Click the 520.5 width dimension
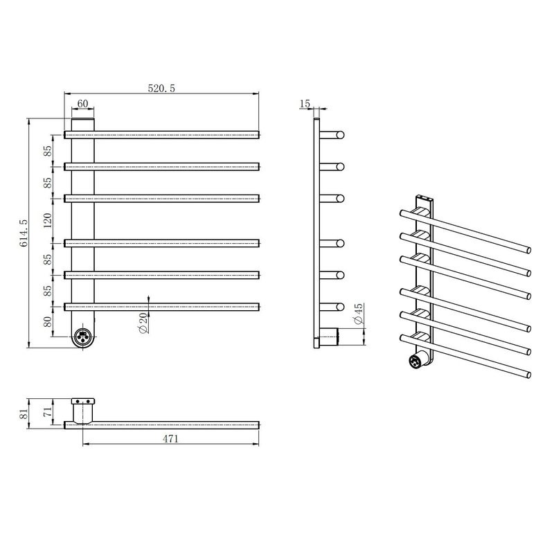161,89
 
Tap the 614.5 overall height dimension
24,233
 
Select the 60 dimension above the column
82,103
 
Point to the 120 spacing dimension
48,220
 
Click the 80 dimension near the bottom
48,321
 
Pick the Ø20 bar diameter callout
143,323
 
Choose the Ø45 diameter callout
358,314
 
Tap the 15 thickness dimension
305,103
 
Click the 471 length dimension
170,439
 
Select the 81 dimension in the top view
24,413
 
